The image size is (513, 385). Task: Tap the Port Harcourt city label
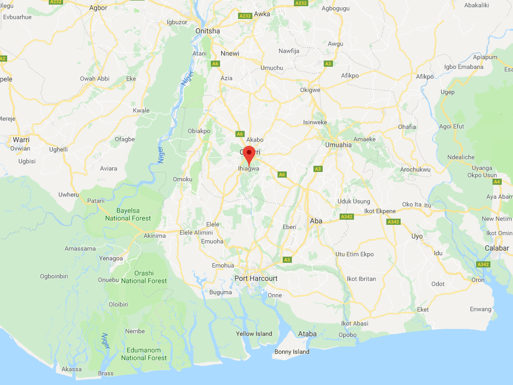click(x=255, y=278)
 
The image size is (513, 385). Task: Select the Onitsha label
click(x=208, y=31)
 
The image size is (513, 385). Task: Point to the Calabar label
click(x=497, y=248)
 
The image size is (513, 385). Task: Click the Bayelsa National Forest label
click(x=128, y=215)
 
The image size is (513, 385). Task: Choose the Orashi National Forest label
click(x=144, y=277)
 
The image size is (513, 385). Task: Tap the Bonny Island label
click(x=292, y=352)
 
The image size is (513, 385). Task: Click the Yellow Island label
click(x=254, y=334)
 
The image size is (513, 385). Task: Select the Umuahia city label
click(x=339, y=145)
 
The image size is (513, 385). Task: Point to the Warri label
click(x=21, y=140)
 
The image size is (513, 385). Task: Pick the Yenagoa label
click(x=110, y=259)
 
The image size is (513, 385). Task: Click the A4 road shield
click(x=497, y=182)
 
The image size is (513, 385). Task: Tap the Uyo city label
click(x=417, y=236)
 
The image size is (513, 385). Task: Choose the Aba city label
click(x=316, y=221)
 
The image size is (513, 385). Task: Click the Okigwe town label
click(x=310, y=90)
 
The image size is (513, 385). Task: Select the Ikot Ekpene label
click(x=365, y=211)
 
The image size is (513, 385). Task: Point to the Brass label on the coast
click(x=106, y=373)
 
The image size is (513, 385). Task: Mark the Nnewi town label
click(x=229, y=53)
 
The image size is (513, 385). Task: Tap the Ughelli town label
click(x=58, y=149)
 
